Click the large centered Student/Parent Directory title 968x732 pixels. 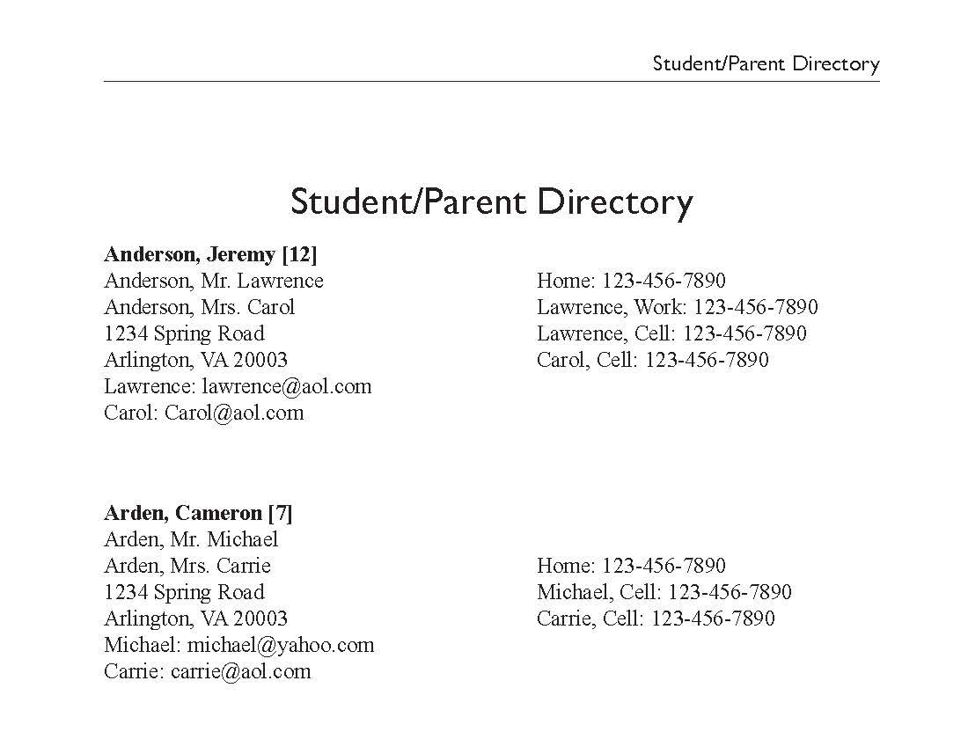(491, 201)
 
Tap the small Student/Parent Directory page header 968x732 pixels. (766, 64)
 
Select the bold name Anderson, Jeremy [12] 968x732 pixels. (210, 255)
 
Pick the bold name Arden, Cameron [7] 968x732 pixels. (198, 513)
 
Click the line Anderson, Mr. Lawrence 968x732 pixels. (214, 282)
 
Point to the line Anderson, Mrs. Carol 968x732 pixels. (199, 308)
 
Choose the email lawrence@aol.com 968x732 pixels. (287, 387)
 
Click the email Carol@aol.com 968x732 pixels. (234, 414)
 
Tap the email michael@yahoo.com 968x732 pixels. (281, 645)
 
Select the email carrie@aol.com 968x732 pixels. (240, 672)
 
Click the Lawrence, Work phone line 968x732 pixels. (677, 308)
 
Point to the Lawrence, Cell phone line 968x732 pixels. (671, 334)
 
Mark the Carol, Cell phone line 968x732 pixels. (652, 361)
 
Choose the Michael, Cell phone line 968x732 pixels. (664, 592)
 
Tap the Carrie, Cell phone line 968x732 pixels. (656, 619)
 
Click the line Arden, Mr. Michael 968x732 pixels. (191, 539)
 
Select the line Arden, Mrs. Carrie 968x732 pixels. (187, 566)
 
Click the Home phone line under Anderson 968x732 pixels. (631, 282)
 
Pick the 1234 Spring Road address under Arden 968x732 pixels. (184, 592)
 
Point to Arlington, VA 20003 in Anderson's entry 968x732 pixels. (195, 361)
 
